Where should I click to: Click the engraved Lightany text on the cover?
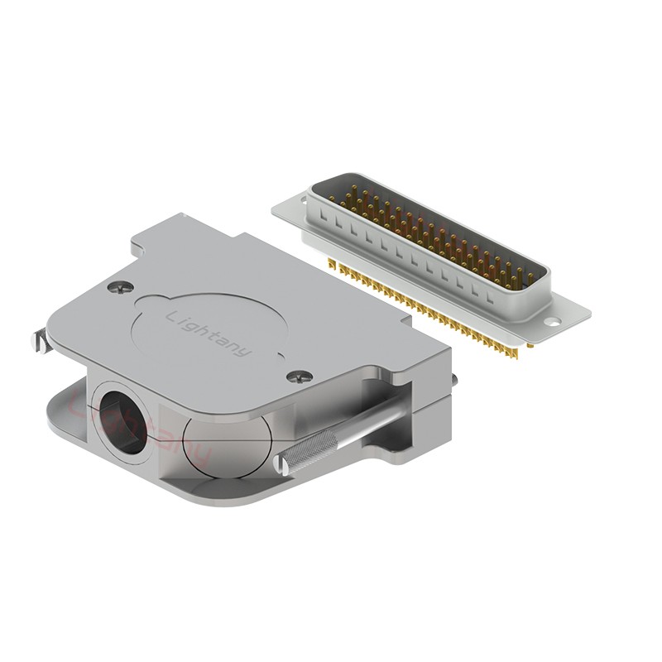[x=208, y=334]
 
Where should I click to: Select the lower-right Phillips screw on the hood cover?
[x=300, y=377]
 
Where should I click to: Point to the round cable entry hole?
[x=122, y=422]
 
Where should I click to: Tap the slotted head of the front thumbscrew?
[x=281, y=466]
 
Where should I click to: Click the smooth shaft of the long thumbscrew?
[x=372, y=422]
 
